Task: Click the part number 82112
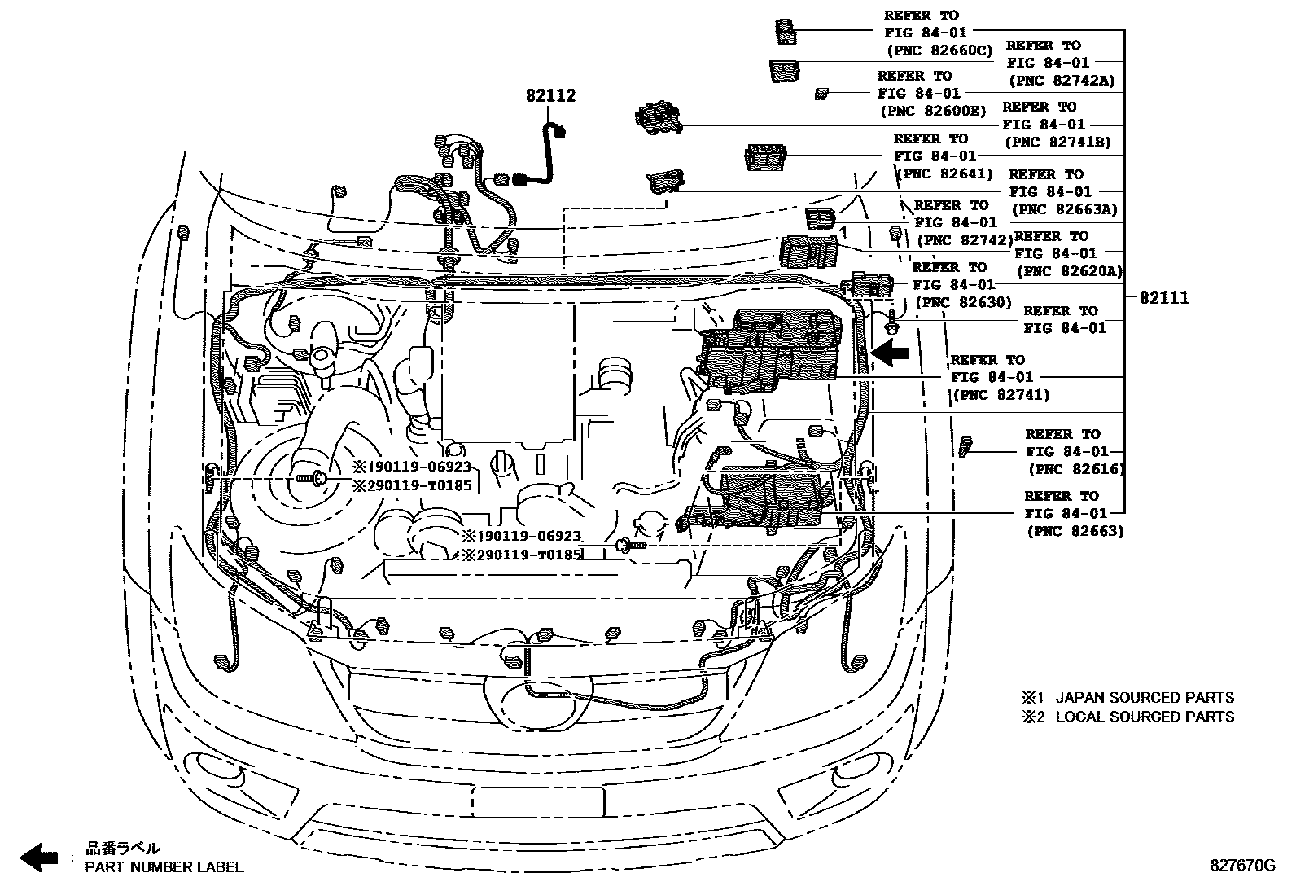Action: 550,96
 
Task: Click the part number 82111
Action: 1163,298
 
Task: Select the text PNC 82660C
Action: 939,50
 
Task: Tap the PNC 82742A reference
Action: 1062,81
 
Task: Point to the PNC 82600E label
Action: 932,112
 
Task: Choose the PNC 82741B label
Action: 1057,142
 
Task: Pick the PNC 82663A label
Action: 1064,209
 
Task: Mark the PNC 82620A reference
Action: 1069,271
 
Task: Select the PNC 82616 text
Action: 1075,469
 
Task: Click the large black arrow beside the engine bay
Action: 889,352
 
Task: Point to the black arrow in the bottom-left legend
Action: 38,857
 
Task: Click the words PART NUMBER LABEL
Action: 164,867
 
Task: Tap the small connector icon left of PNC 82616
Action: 966,446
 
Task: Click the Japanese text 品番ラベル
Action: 123,848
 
